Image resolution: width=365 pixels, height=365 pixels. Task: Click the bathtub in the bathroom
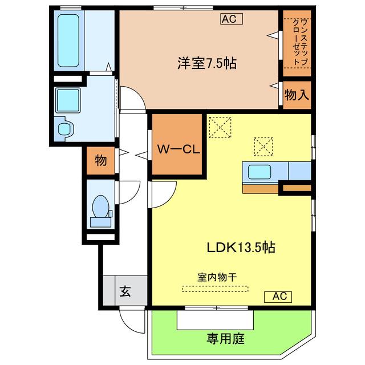[x=68, y=40]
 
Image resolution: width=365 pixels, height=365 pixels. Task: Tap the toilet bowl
[x=100, y=206]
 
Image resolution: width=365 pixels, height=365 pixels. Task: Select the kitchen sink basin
[x=259, y=172]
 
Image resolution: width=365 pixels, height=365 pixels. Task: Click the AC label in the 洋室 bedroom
[x=232, y=19]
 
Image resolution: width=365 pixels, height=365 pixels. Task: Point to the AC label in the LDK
[x=278, y=297]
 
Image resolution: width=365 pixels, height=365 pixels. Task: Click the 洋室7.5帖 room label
[x=207, y=63]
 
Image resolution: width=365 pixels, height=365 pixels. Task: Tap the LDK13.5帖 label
[x=241, y=247]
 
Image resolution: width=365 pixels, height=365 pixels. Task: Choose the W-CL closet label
[x=179, y=149]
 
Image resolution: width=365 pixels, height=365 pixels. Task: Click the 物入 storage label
[x=297, y=95]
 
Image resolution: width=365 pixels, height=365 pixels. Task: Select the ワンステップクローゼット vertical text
[x=301, y=42]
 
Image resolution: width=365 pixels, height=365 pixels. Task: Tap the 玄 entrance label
[x=125, y=291]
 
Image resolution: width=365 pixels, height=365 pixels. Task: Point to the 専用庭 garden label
[x=226, y=339]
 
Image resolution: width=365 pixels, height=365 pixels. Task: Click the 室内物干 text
[x=217, y=277]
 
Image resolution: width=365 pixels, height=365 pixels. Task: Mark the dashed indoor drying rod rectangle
[x=215, y=289]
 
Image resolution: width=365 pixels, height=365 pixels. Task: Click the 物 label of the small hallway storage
[x=101, y=160]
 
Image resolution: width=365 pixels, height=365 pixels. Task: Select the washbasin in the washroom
[x=65, y=129]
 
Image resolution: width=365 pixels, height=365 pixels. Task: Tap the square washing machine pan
[x=68, y=100]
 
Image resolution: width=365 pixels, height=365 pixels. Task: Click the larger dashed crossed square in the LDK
[x=220, y=128]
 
